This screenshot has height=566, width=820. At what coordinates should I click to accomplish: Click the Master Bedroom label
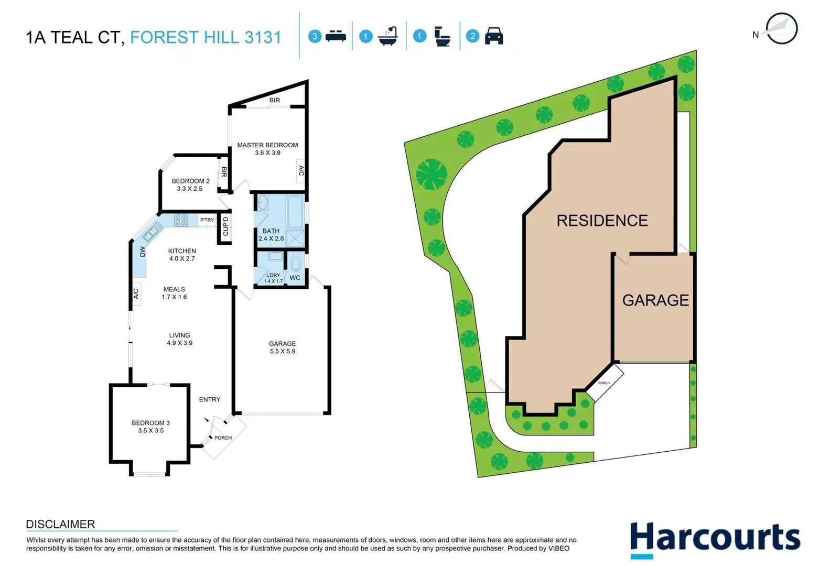coord(267,146)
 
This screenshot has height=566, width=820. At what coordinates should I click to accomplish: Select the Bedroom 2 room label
coord(190,181)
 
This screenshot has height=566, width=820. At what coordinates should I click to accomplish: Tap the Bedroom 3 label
coord(150,423)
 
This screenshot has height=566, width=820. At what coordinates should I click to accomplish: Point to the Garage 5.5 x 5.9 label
coord(283,347)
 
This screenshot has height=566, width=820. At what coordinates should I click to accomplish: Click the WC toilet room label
coord(295,278)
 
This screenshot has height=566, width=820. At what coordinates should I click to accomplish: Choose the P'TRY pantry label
coord(207,220)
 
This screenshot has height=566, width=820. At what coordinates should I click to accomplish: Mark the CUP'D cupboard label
coord(225,226)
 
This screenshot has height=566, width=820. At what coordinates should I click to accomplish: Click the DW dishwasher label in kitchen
coord(143,252)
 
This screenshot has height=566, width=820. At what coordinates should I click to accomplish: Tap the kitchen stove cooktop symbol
coord(181,220)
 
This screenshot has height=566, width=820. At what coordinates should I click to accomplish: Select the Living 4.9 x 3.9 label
coord(179,339)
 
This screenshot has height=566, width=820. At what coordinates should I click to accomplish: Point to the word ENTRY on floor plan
coord(210,399)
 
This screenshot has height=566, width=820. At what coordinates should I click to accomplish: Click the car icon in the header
coord(494,36)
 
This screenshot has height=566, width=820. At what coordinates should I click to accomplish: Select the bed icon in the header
coord(336,36)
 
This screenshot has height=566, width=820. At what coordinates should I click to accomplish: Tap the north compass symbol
coord(781,29)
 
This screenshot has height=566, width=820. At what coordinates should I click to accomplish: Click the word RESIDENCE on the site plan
coord(602,221)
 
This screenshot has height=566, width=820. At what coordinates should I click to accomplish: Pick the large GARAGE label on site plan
coord(655,300)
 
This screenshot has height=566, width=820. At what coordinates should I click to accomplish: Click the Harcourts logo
coord(715,539)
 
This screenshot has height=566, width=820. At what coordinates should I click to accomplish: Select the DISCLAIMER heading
coord(60,524)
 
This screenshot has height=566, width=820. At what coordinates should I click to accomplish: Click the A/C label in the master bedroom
coord(301,171)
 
